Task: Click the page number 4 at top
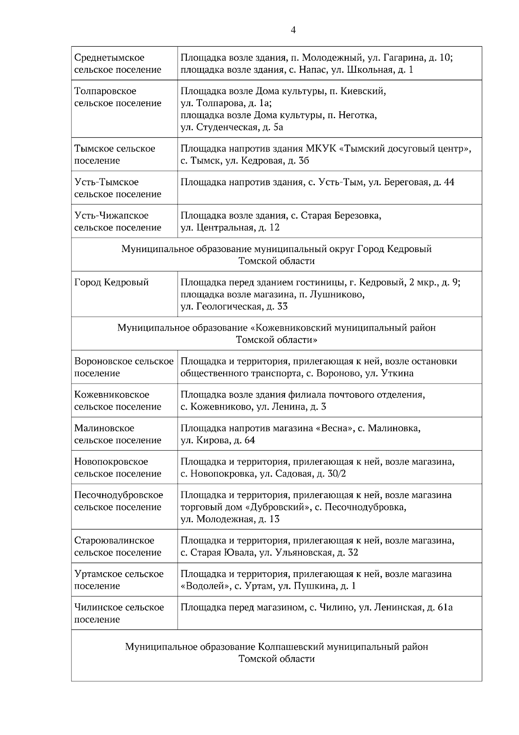coord(293,30)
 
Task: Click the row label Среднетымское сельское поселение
coord(118,63)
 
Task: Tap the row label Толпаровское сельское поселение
coord(118,97)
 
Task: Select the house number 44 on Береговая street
coord(449,182)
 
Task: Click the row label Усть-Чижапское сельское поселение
coord(118,221)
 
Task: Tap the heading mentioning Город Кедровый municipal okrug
coord(276,255)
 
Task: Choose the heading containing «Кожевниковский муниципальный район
coord(276,333)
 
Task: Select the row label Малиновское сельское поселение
coord(118,434)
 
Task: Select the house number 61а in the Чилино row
coord(445,607)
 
